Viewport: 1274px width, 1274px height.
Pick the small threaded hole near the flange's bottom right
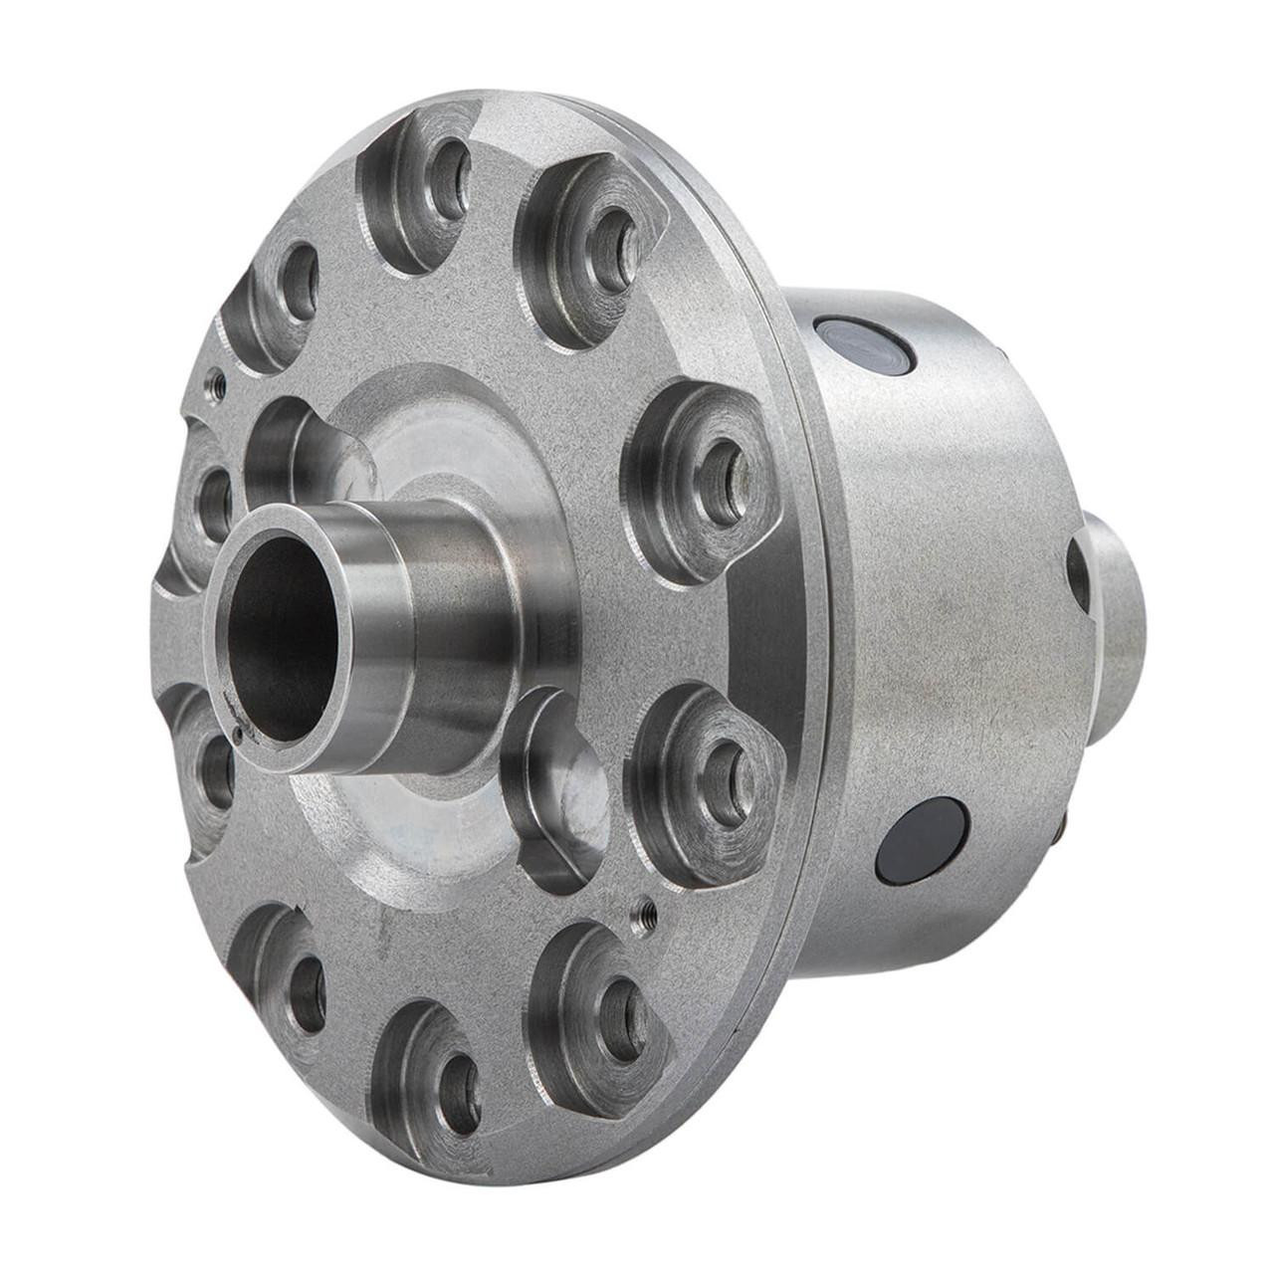(644, 909)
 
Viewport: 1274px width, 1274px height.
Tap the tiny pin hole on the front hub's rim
(238, 736)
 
